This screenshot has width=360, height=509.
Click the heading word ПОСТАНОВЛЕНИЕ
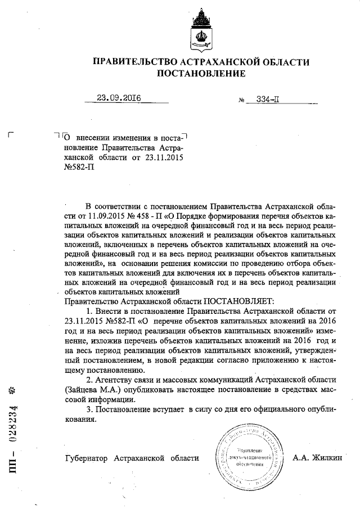coord(201,73)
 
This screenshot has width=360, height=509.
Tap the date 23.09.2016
coord(118,98)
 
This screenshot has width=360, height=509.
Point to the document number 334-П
coord(268,99)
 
